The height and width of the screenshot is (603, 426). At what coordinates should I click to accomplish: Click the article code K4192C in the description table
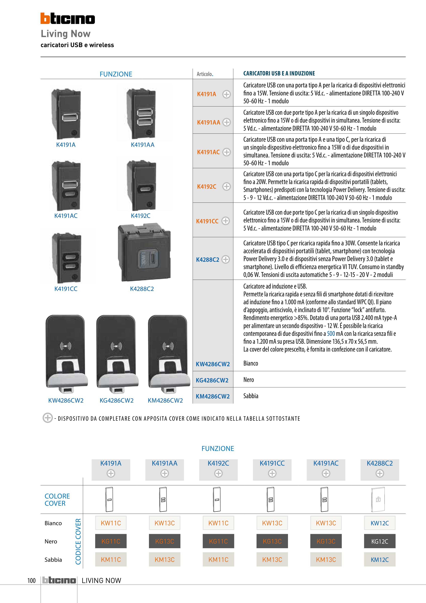coord(207,186)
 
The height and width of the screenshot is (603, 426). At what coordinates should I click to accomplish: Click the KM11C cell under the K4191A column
coord(111,560)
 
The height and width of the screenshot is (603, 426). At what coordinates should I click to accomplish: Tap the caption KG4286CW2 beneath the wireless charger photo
coord(117,401)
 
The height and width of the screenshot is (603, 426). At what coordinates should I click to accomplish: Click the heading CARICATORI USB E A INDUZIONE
coord(279,74)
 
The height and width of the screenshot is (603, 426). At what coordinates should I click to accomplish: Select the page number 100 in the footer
coord(32,580)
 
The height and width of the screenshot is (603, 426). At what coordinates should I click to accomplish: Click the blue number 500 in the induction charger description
coord(331,334)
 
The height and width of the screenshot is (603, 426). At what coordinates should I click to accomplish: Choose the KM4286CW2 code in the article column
coord(213,396)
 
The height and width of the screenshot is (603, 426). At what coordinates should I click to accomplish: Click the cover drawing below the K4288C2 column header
coord(378,499)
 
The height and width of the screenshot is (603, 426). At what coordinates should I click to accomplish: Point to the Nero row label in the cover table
coord(51,541)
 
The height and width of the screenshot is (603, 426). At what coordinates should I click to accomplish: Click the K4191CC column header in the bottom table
coord(272,463)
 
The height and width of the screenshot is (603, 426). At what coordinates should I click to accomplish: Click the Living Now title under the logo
coord(66,34)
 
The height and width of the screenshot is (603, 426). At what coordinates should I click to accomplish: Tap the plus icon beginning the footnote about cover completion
coord(47,418)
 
